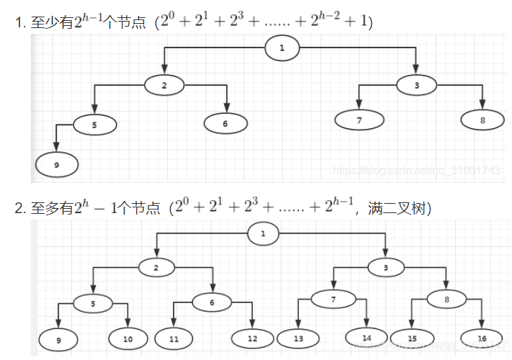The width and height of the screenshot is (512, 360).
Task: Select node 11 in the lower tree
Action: [173, 338]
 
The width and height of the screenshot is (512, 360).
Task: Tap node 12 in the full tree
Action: [252, 338]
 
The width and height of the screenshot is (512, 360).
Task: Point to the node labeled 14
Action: [366, 336]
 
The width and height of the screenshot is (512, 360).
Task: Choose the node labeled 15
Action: [411, 338]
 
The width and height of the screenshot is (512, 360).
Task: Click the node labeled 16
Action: [481, 338]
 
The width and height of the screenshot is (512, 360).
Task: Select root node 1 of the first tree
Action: [282, 48]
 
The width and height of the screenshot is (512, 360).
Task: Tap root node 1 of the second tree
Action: [263, 233]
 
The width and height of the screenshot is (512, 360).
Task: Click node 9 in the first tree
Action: [56, 165]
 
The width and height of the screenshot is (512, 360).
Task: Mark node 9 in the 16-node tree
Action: [58, 338]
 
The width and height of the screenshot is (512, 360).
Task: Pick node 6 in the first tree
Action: [225, 124]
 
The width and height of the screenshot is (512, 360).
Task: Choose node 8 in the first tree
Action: [482, 120]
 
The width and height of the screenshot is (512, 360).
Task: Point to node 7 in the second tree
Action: [333, 299]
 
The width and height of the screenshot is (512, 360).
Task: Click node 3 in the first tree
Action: [417, 85]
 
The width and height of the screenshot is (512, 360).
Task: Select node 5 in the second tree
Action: [93, 304]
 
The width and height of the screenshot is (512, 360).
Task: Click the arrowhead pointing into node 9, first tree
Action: [56, 148]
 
